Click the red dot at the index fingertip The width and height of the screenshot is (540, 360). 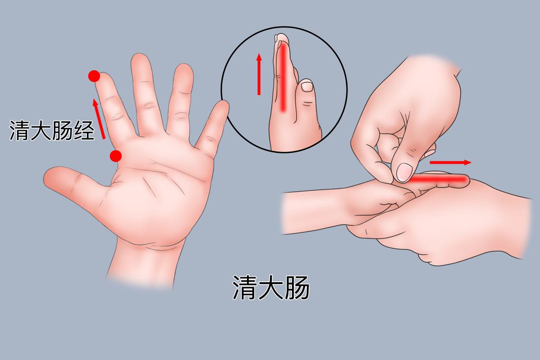click(x=94, y=76)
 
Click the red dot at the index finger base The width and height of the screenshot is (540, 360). click(x=116, y=156)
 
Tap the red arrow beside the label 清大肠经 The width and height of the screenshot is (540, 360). click(x=99, y=119)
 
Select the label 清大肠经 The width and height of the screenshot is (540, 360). click(x=52, y=131)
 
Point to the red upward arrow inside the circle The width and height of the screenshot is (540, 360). click(x=259, y=74)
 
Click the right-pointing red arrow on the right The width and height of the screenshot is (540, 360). click(x=450, y=162)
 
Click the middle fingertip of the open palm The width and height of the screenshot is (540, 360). click(x=140, y=61)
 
